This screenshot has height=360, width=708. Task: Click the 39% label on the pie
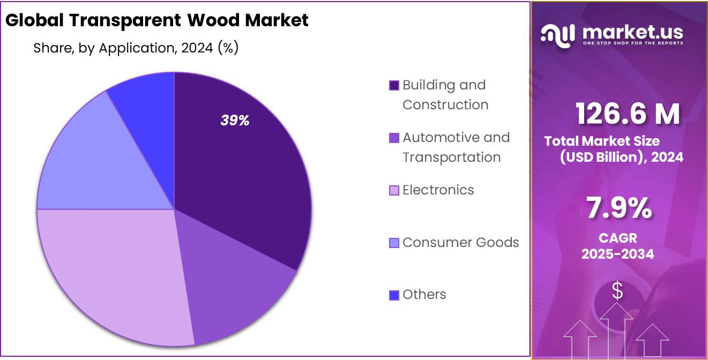pyautogui.click(x=235, y=121)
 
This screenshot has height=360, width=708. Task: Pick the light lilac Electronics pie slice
pyautogui.click(x=113, y=273)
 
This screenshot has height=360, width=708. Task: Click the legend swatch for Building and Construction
pyautogui.click(x=394, y=85)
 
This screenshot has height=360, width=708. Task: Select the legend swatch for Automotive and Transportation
pyautogui.click(x=394, y=138)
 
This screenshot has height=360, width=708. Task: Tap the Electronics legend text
pyautogui.click(x=438, y=190)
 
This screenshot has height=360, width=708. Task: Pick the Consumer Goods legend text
pyautogui.click(x=460, y=243)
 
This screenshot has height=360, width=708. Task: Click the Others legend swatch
pyautogui.click(x=394, y=295)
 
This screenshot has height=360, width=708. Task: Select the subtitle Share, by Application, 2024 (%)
pyautogui.click(x=136, y=48)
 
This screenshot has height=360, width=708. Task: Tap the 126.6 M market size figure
pyautogui.click(x=628, y=114)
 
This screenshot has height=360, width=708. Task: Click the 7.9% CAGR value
pyautogui.click(x=619, y=208)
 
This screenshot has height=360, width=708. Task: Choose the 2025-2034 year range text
pyautogui.click(x=618, y=254)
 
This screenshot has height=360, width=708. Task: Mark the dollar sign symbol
pyautogui.click(x=617, y=292)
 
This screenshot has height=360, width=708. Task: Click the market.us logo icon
pyautogui.click(x=557, y=34)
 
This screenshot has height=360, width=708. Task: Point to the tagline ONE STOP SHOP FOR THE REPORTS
pyautogui.click(x=632, y=43)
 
